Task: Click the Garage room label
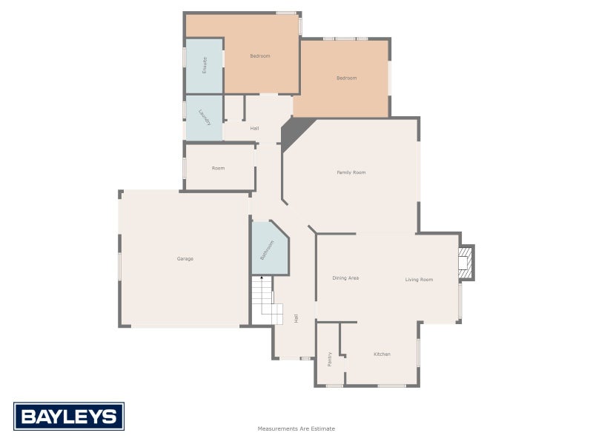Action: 185,259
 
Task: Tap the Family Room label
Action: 351,172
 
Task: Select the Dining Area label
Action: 345,278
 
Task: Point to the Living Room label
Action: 419,280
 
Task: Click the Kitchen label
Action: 382,354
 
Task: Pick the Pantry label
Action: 330,359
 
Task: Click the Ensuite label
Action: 205,65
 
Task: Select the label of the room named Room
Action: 218,168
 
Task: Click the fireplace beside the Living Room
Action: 465,263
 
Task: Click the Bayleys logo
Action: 69,417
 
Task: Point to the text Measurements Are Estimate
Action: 296,428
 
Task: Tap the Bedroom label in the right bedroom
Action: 346,78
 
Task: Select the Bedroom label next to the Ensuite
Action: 260,56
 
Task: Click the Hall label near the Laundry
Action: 254,129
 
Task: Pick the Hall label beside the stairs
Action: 296,318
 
